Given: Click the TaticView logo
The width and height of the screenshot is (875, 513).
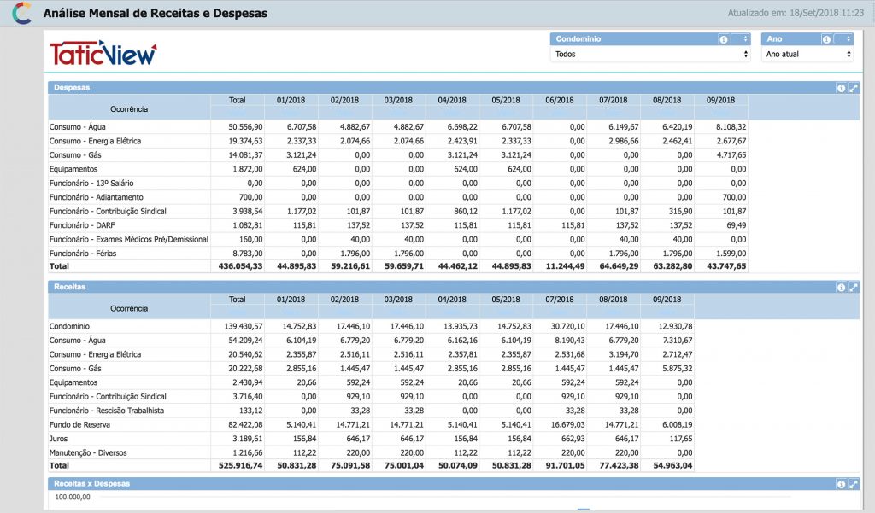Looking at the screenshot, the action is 103,54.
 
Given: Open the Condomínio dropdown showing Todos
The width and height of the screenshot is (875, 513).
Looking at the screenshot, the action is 650,54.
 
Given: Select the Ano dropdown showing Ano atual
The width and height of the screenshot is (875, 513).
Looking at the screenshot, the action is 807,54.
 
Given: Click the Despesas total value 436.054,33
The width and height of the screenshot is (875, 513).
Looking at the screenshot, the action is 240,266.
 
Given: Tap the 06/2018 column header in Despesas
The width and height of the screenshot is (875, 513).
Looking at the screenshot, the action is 559,101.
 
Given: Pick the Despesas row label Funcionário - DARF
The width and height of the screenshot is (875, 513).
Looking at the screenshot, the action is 82,225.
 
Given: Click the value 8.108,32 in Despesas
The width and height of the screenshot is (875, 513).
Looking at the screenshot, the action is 731,127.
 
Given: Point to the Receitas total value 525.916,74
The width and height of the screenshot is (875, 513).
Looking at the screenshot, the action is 240,465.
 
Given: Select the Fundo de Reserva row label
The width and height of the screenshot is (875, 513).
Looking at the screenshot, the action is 79,425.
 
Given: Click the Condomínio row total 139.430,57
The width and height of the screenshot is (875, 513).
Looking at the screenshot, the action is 244,326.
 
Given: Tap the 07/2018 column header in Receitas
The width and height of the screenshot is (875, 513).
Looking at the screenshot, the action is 559,300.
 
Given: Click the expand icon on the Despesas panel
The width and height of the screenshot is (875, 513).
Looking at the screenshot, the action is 854,88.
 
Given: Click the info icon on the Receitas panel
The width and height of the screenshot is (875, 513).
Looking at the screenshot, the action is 841,287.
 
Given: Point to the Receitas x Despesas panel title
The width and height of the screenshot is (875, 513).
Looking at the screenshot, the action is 91,484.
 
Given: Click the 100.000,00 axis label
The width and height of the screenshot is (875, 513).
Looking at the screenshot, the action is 73,497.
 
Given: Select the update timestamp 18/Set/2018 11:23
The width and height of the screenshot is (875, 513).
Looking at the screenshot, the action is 826,13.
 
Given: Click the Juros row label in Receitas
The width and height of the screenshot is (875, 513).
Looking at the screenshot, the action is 58,439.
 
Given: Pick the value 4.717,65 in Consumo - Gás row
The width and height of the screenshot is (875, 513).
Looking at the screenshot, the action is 731,155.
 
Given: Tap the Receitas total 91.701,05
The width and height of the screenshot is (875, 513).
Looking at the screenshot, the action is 566,465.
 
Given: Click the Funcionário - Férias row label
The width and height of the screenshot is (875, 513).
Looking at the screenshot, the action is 83,254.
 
